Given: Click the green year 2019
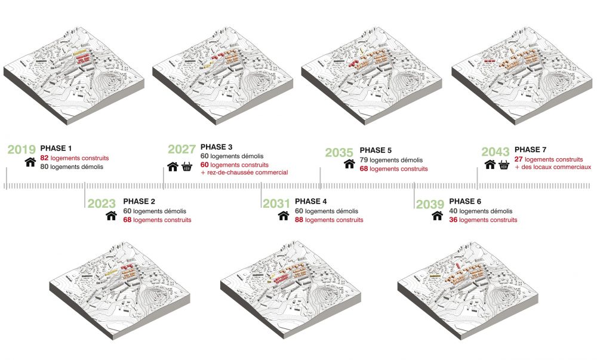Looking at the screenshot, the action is [x=21, y=150].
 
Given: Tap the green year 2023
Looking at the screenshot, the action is [x=101, y=204].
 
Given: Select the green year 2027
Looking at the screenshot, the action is [x=182, y=149].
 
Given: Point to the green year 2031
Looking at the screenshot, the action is [x=276, y=204].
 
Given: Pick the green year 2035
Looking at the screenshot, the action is [x=339, y=153].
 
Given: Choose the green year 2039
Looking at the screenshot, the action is [x=430, y=204].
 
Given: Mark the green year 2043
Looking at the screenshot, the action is [x=496, y=152].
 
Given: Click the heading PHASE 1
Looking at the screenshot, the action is [x=56, y=149].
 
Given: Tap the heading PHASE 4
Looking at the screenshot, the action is [x=310, y=201].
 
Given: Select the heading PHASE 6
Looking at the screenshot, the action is [x=465, y=201].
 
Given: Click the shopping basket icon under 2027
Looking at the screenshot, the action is [x=187, y=167].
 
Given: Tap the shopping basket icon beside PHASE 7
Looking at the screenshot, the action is [x=504, y=165].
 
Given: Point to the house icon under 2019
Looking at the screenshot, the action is [x=30, y=162].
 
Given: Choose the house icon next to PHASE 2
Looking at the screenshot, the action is [x=111, y=216].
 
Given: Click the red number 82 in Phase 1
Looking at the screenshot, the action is [x=44, y=158].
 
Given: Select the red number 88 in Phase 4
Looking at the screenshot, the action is [x=299, y=220].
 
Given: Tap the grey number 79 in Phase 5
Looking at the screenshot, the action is [x=364, y=160].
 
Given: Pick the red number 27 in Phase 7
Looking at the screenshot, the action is [x=519, y=159].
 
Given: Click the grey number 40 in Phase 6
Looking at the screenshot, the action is [x=453, y=211].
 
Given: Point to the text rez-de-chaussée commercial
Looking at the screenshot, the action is [x=248, y=173].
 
